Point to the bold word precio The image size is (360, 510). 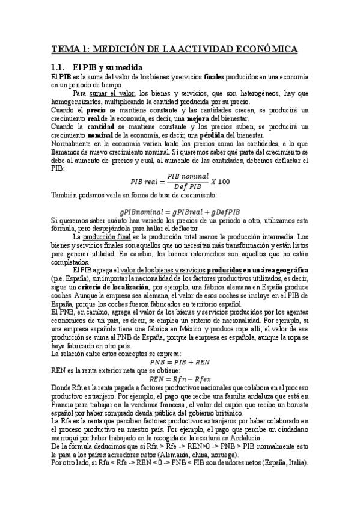click(x=96, y=111)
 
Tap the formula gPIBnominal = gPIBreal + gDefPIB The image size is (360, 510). click(x=180, y=212)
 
